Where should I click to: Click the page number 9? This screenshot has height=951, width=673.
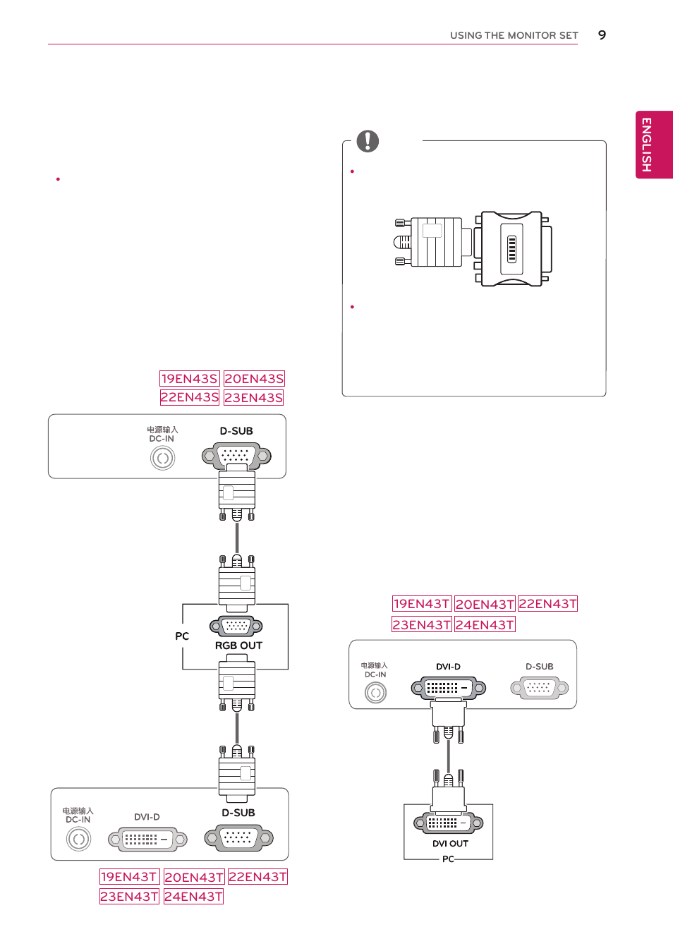(x=602, y=35)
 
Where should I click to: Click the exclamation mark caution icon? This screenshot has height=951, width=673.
(x=368, y=141)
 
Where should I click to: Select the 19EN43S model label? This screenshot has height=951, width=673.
(x=189, y=379)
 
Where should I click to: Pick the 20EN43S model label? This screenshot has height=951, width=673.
(x=254, y=379)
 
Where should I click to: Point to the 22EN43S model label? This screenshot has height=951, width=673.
(x=189, y=397)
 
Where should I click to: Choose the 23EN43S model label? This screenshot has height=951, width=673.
(x=254, y=398)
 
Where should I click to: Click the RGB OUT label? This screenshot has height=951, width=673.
(x=238, y=646)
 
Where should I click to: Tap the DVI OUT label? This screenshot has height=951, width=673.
(x=450, y=843)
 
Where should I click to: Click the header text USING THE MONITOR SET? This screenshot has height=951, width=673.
(x=514, y=35)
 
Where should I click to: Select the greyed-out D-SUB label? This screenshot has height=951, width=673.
(x=539, y=667)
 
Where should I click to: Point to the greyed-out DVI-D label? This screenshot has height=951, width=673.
(x=147, y=817)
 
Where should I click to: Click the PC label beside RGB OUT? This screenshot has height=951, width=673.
(x=182, y=636)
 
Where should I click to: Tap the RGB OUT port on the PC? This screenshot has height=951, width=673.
(x=236, y=626)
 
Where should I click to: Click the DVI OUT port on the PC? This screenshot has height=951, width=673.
(x=449, y=823)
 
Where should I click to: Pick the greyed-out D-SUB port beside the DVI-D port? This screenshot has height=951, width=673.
(x=539, y=687)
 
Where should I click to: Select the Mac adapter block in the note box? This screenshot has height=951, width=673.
(x=513, y=248)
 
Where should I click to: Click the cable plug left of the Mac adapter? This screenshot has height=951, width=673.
(x=430, y=243)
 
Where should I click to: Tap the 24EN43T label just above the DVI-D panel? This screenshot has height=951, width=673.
(x=485, y=624)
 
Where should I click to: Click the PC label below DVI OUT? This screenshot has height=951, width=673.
(x=448, y=859)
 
